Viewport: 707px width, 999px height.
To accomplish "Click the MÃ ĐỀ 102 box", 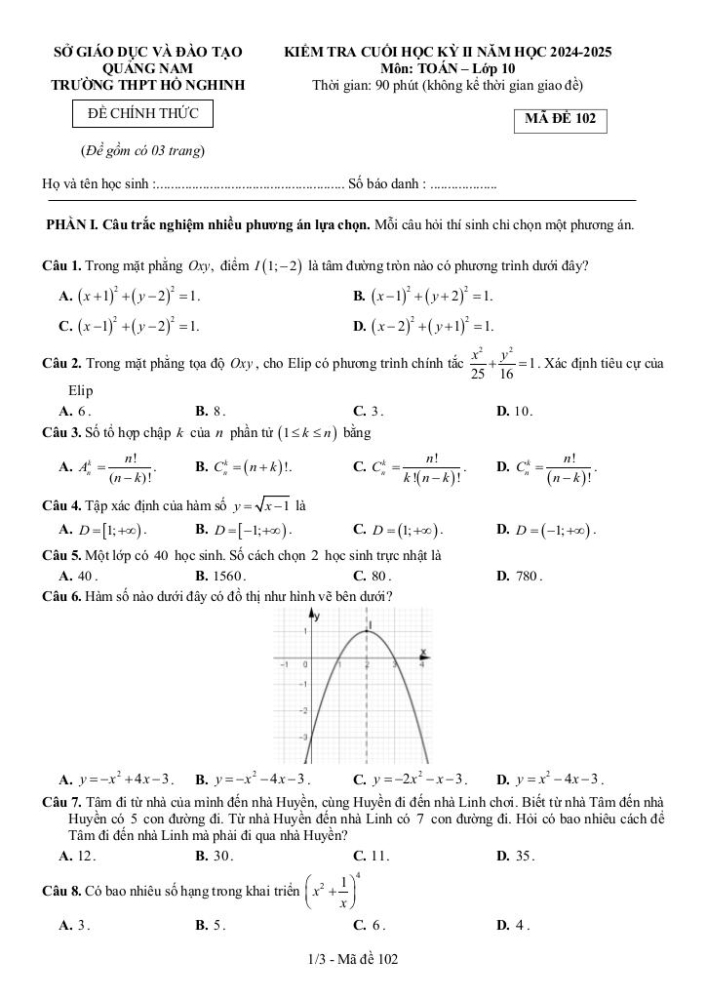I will [x=560, y=120].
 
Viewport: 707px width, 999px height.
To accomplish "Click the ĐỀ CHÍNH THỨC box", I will [x=142, y=114].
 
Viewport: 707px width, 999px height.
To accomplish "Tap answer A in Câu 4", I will [x=101, y=530].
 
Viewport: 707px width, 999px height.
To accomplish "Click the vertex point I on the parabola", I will [x=368, y=630].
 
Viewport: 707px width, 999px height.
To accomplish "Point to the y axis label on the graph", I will [x=315, y=616].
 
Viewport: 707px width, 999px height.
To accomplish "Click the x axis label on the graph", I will [x=423, y=651].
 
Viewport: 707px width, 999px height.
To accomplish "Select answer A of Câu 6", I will [x=116, y=779].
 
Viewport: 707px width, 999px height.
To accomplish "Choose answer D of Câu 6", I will [x=550, y=779].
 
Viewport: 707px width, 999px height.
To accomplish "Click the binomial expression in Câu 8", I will [x=338, y=892].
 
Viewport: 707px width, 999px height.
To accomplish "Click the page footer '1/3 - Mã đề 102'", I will [x=352, y=960].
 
